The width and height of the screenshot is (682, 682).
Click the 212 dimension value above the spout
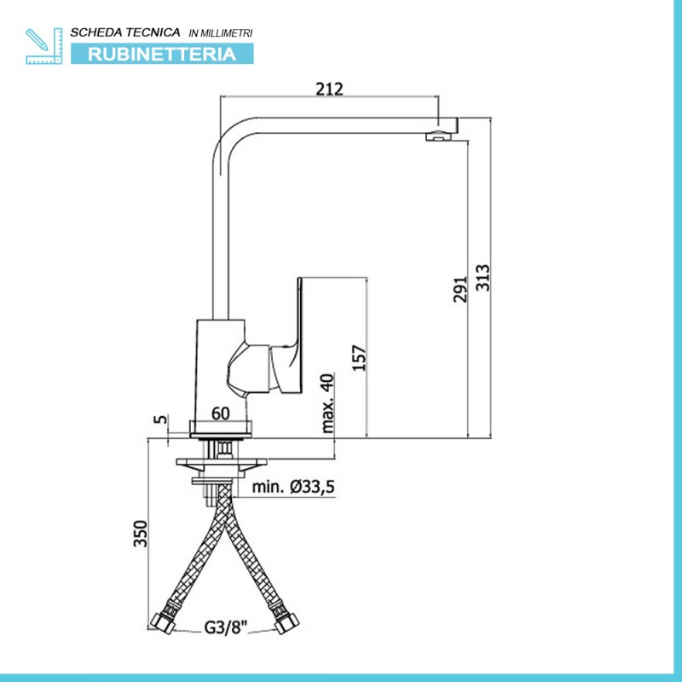pyautogui.click(x=329, y=89)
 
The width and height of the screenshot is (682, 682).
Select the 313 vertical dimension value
pyautogui.click(x=483, y=278)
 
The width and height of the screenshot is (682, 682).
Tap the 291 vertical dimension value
pyautogui.click(x=460, y=289)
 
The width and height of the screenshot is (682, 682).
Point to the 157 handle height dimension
pyautogui.click(x=359, y=357)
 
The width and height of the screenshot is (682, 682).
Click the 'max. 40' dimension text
pyautogui.click(x=327, y=403)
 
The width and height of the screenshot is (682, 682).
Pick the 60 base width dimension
pyautogui.click(x=221, y=413)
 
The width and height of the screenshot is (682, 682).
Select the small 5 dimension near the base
pyautogui.click(x=161, y=419)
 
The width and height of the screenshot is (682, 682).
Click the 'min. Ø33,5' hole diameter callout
pyautogui.click(x=293, y=487)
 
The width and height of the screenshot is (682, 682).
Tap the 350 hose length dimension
pyautogui.click(x=141, y=534)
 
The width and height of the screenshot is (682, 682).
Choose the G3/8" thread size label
pyautogui.click(x=226, y=627)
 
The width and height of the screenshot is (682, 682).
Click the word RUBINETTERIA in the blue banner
pyautogui.click(x=162, y=55)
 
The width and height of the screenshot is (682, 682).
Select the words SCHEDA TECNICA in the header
pyautogui.click(x=125, y=32)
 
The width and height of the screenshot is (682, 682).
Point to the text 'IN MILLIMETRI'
pyautogui.click(x=221, y=33)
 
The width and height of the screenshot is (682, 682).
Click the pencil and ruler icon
pyautogui.click(x=44, y=46)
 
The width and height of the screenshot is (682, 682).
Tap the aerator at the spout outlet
pyautogui.click(x=439, y=136)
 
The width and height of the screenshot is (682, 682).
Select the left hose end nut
pyautogui.click(x=163, y=621)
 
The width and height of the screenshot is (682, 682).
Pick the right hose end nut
pyautogui.click(x=286, y=622)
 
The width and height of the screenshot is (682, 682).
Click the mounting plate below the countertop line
pyautogui.click(x=222, y=464)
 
